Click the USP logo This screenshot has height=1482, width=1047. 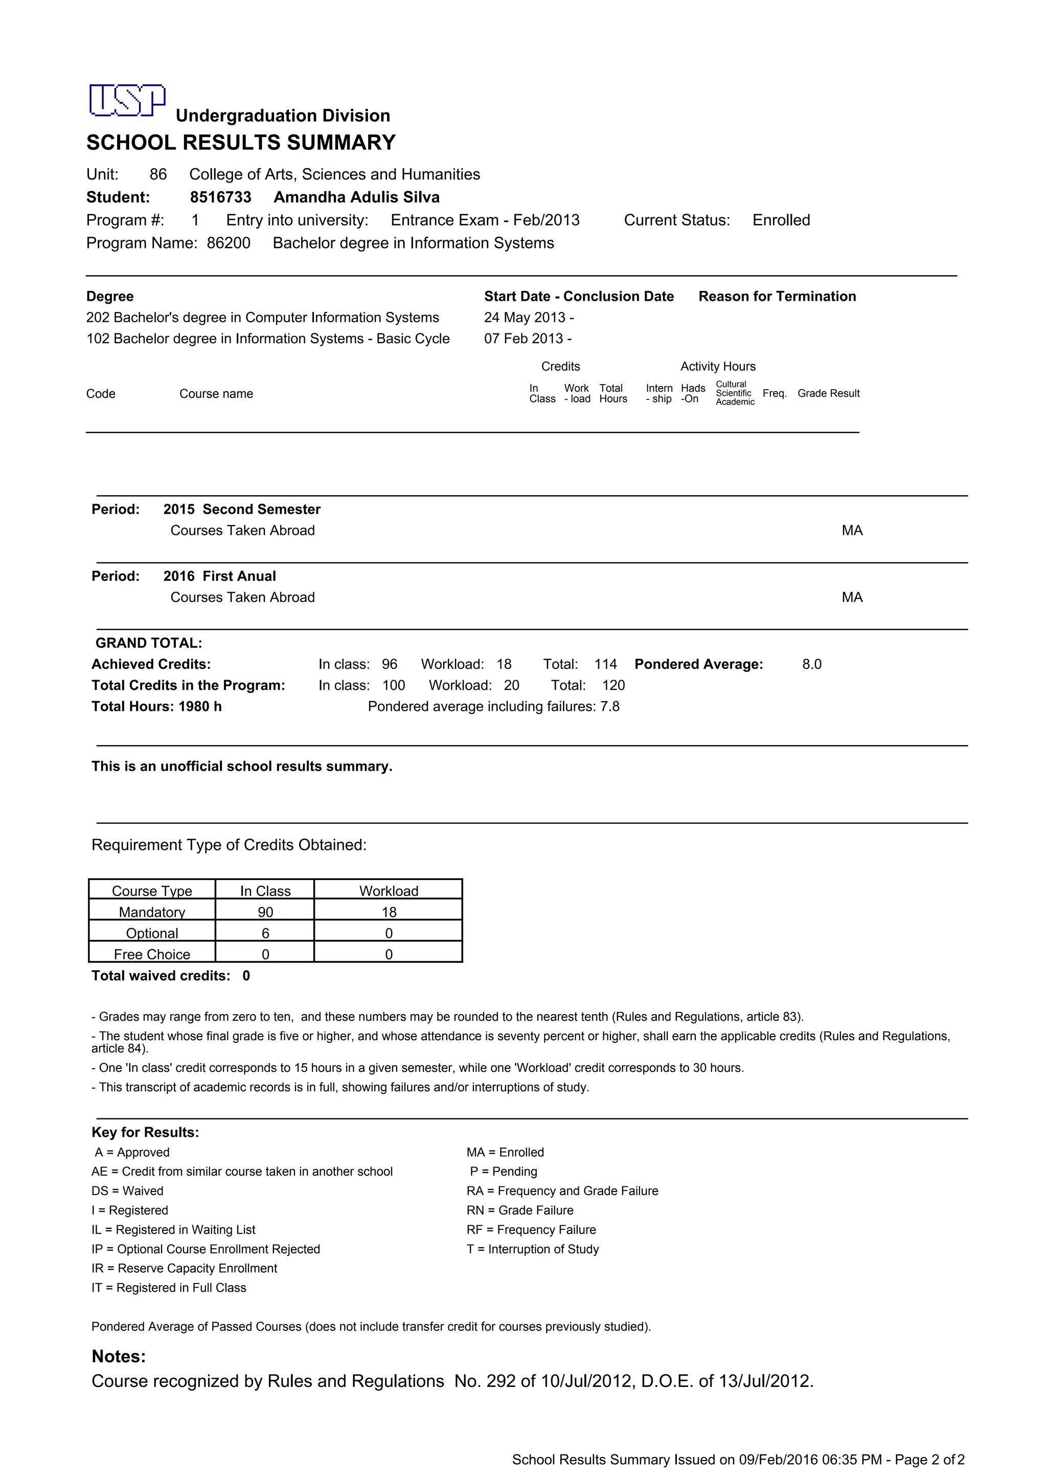click(127, 101)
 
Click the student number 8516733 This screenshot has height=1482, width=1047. click(221, 197)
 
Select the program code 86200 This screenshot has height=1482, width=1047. click(229, 243)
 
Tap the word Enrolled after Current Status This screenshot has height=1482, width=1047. click(781, 220)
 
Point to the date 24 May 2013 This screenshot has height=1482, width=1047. click(525, 318)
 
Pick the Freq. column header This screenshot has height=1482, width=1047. click(774, 393)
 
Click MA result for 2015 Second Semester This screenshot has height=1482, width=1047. click(852, 531)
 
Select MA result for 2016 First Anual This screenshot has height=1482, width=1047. click(852, 598)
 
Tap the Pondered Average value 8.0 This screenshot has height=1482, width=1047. click(811, 664)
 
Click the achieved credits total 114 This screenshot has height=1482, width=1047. click(605, 664)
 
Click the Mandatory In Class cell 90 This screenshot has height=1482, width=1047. click(265, 912)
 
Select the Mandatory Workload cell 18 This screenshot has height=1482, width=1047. click(389, 912)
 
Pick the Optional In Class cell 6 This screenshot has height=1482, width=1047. click(265, 933)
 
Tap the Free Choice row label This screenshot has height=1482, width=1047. click(152, 955)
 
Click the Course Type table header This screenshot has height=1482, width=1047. click(152, 891)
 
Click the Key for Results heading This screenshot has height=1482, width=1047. click(145, 1132)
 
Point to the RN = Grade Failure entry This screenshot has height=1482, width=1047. click(520, 1210)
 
